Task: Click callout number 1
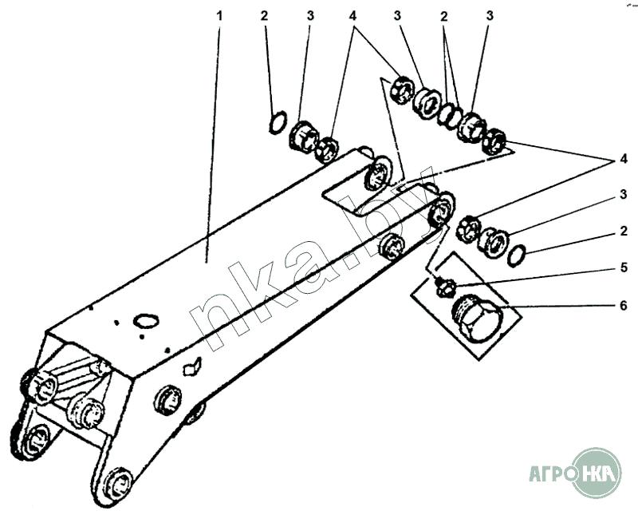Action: coord(212,15)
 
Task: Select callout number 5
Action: coord(624,267)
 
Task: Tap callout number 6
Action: coord(624,305)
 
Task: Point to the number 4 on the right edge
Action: coord(624,160)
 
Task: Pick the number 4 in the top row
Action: coord(353,15)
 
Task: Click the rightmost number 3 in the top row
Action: coord(490,15)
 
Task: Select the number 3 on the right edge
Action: coord(624,194)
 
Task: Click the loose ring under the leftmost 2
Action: coord(275,121)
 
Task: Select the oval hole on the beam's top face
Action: coord(146,320)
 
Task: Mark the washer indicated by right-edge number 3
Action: coord(494,240)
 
